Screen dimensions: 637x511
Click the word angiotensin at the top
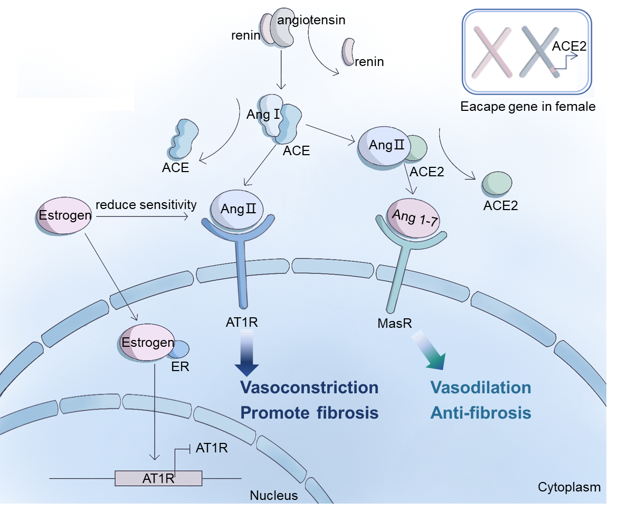pos(311,20)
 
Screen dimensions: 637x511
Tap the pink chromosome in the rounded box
pos(492,52)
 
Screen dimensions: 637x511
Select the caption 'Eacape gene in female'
pos(528,107)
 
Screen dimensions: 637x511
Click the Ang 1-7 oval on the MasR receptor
pos(413,218)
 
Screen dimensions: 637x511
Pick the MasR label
pos(395,323)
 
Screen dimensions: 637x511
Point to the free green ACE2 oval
pos(497,183)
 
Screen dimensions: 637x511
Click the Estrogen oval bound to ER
pos(147,342)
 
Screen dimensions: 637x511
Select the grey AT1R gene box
pos(158,478)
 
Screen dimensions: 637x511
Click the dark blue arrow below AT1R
pos(246,353)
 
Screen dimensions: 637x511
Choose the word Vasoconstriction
pos(309,387)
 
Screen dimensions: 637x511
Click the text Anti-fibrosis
pos(481,413)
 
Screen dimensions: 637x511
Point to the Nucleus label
pos(274,495)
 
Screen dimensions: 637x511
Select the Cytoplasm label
pos(569,487)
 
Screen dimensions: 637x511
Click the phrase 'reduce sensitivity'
pos(146,205)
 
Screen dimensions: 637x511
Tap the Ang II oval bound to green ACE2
pos(385,147)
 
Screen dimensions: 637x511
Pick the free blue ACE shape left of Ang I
pos(184,139)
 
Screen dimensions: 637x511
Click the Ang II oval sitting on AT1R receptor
pos(236,210)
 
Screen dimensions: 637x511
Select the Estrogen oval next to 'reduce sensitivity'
pos(64,215)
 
